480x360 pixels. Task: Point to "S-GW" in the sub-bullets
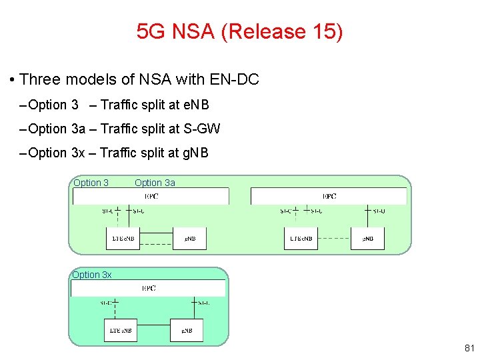203,129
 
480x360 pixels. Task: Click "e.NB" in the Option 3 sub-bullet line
193,105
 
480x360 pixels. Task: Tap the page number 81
469,347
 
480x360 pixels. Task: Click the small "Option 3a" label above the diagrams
155,183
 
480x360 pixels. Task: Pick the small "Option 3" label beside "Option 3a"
91,183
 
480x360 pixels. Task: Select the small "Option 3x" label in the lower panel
92,275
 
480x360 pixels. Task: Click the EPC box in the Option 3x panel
149,289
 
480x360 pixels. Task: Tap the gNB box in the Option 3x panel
186,330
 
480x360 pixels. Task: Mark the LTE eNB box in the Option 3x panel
120,330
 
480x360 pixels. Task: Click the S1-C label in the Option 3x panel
107,303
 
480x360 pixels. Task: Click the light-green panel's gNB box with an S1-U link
367,238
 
